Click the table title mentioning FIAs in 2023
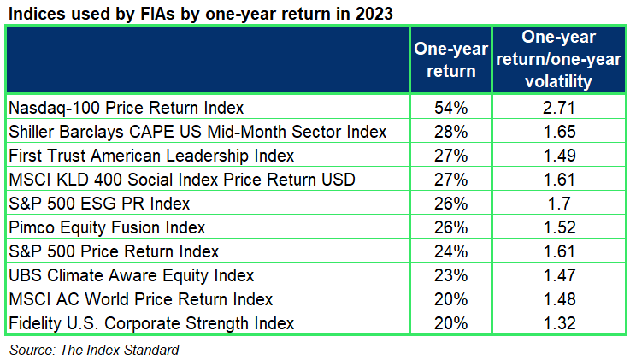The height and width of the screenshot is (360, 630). tap(201, 14)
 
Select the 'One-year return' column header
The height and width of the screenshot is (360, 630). tap(450, 60)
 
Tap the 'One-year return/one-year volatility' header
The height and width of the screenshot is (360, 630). tap(559, 59)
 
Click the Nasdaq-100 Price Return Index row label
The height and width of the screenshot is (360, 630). tap(127, 108)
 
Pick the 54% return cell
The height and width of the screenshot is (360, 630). tap(450, 108)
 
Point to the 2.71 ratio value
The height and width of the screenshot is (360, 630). tap(559, 108)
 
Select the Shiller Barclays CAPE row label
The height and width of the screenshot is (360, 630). tap(197, 132)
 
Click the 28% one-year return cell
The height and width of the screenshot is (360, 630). tap(450, 132)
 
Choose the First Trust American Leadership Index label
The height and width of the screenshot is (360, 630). tap(151, 156)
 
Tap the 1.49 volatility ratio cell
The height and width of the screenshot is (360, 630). tap(559, 156)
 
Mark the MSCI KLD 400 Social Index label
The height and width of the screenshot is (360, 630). tap(182, 180)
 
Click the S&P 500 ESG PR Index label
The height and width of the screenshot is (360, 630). tap(99, 204)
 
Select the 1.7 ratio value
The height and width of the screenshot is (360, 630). tap(559, 204)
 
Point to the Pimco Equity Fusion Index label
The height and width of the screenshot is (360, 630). tap(107, 227)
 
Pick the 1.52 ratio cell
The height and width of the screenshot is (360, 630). tap(559, 227)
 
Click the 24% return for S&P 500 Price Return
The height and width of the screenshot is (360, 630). tap(450, 251)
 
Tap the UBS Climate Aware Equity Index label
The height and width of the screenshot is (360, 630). tap(132, 275)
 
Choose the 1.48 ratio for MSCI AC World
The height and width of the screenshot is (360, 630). tap(559, 299)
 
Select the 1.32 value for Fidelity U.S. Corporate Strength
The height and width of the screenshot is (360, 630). tap(559, 323)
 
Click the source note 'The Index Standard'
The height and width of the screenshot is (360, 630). tap(120, 350)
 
